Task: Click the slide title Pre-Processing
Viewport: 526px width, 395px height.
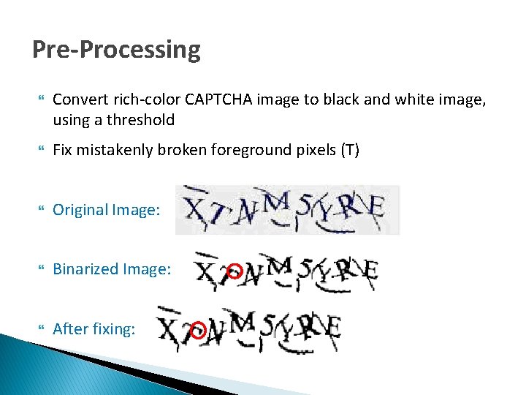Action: point(116,50)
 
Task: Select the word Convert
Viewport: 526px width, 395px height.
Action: point(79,99)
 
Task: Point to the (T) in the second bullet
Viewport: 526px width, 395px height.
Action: point(349,150)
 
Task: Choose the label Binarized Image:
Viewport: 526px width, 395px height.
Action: point(112,269)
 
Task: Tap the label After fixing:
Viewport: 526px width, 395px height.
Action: point(94,329)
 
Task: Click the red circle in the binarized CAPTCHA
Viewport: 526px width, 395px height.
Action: point(235,271)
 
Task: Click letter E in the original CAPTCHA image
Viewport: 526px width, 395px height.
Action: point(376,208)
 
